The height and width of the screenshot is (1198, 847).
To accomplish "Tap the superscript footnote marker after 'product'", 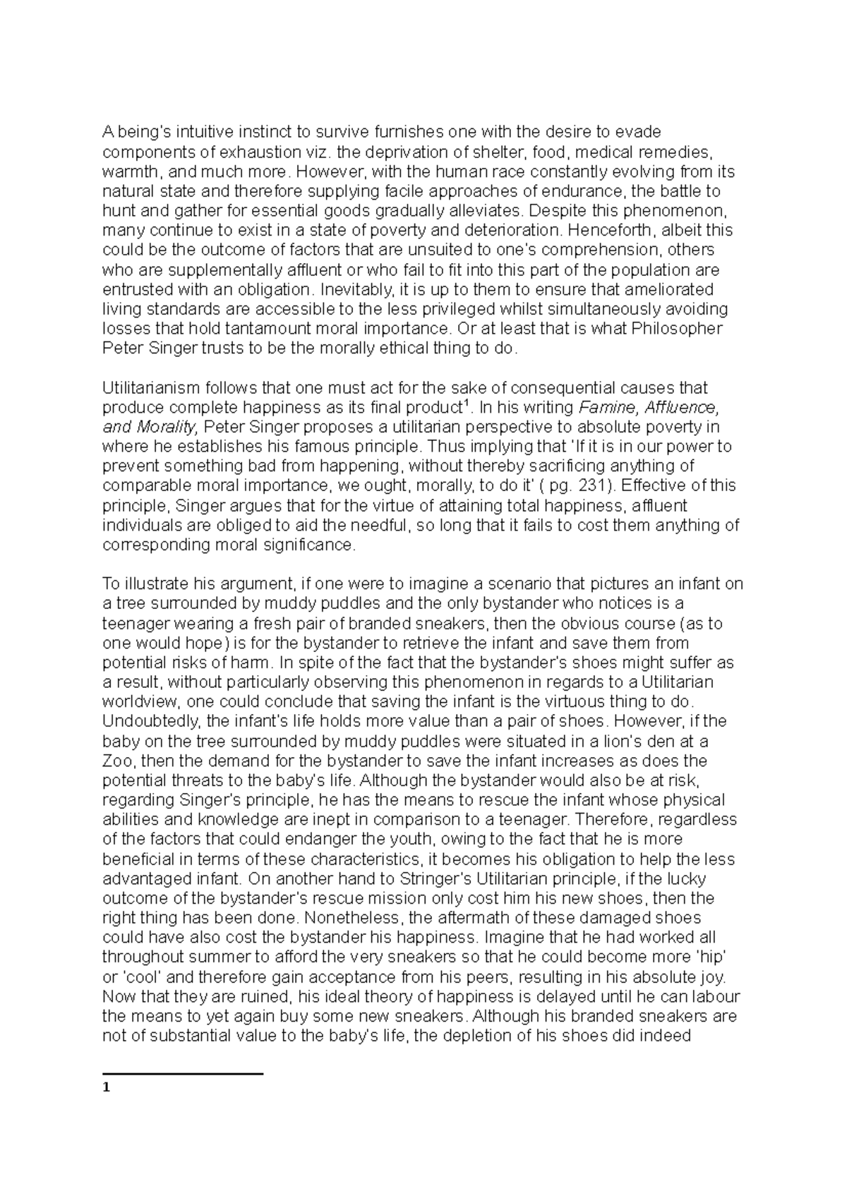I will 464,403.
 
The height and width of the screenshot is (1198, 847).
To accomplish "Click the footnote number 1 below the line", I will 106,1087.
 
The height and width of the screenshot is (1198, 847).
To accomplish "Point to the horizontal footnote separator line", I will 183,1073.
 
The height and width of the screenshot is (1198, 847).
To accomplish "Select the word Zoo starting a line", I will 117,761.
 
